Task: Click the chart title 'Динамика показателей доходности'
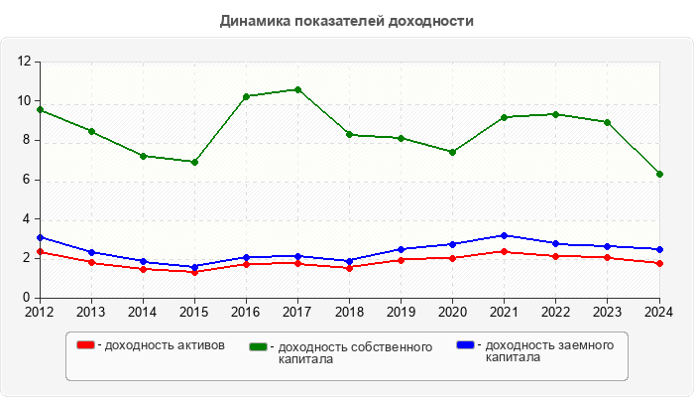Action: [346, 21]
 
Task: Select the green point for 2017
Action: [298, 89]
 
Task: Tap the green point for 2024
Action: [659, 174]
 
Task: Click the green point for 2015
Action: [194, 162]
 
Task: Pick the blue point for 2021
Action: [505, 235]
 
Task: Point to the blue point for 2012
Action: [40, 237]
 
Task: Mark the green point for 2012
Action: [40, 109]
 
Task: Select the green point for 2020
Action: [453, 152]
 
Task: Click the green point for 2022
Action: [556, 114]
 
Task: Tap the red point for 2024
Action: [659, 263]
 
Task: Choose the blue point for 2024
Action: [659, 249]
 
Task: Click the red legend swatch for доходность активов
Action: [86, 345]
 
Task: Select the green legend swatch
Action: [259, 347]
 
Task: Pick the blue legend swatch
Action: [465, 345]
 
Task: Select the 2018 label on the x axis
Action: [349, 312]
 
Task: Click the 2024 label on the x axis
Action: [658, 312]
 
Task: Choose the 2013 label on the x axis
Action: [91, 312]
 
